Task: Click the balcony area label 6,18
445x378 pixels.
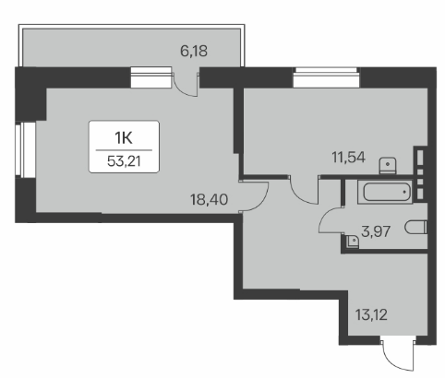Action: pos(194,51)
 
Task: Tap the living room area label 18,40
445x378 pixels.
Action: pos(209,199)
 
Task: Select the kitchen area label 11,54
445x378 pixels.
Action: pos(348,158)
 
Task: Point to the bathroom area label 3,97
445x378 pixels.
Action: pos(376,231)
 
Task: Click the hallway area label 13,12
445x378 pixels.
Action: pos(371,314)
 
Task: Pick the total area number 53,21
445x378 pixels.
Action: pos(124,161)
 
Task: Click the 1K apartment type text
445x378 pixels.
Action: pos(124,138)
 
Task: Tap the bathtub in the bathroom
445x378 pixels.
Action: pos(385,192)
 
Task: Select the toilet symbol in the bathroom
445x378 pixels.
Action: pos(416,228)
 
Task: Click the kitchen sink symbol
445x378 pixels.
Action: pos(388,165)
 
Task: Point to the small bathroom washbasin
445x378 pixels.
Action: pos(352,241)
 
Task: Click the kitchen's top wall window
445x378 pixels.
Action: pos(326,77)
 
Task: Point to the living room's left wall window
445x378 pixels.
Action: pos(26,150)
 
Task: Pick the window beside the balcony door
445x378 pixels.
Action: pos(150,77)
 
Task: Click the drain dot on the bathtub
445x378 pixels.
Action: pos(404,192)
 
